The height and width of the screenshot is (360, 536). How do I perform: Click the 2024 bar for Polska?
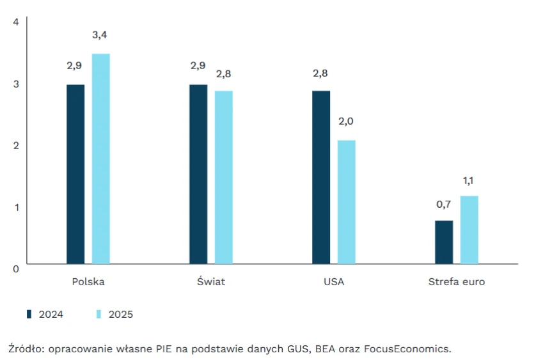pyautogui.click(x=75, y=174)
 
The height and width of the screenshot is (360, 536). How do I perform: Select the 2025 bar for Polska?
pyautogui.click(x=101, y=159)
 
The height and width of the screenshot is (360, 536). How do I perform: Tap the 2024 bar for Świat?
pyautogui.click(x=198, y=174)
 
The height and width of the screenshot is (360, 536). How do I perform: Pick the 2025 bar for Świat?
pyautogui.click(x=224, y=177)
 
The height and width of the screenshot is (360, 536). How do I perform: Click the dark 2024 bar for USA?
pyautogui.click(x=321, y=177)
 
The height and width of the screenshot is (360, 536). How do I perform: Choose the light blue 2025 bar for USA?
pyautogui.click(x=347, y=202)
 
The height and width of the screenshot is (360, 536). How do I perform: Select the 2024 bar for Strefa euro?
pyautogui.click(x=444, y=242)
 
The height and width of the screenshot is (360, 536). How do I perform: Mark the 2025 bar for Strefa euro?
pyautogui.click(x=469, y=230)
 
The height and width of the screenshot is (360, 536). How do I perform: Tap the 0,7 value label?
pyautogui.click(x=444, y=205)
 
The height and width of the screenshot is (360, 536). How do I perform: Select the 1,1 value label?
pyautogui.click(x=469, y=180)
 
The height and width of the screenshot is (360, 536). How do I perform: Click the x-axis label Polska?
pyautogui.click(x=88, y=282)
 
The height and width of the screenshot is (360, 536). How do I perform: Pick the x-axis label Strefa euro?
pyautogui.click(x=457, y=282)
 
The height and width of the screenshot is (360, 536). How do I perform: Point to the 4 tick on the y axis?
pyautogui.click(x=17, y=22)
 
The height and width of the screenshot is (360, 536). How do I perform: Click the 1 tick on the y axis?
pyautogui.click(x=17, y=207)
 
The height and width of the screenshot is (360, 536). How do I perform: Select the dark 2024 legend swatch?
pyautogui.click(x=29, y=314)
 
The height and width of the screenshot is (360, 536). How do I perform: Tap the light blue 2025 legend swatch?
pyautogui.click(x=99, y=314)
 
